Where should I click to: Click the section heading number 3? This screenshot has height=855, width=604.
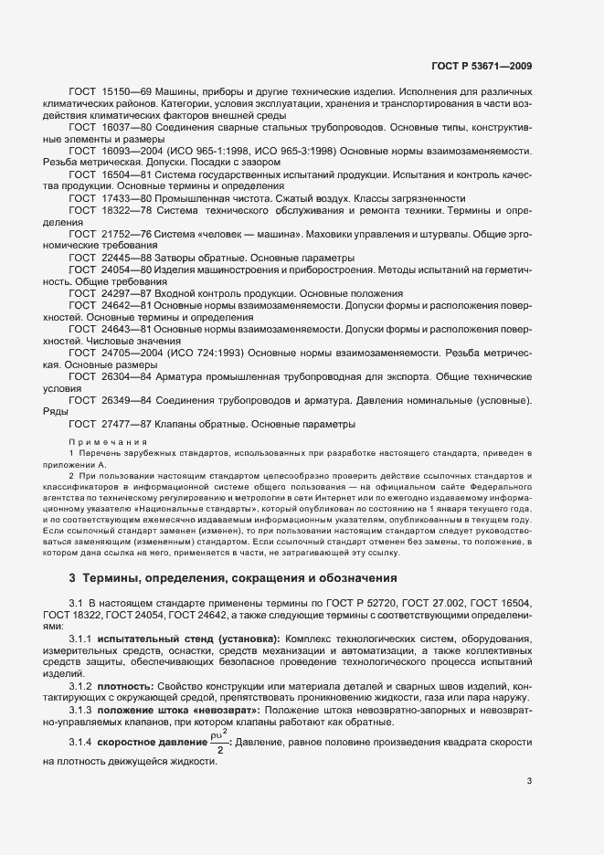click(72, 578)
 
